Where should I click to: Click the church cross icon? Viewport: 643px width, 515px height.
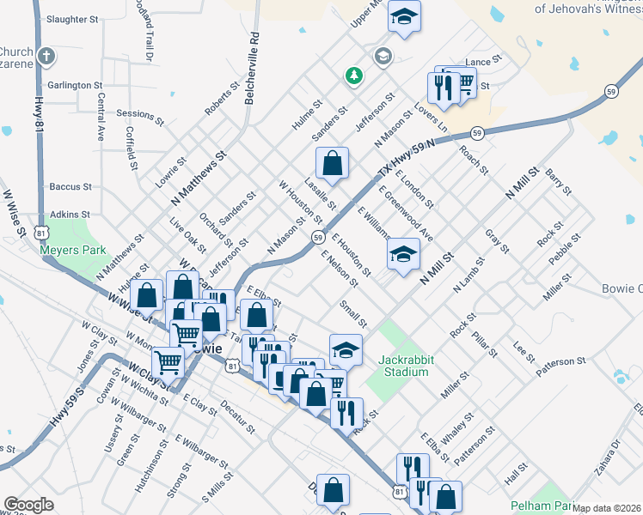pos(46,57)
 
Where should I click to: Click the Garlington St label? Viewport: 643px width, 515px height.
pos(76,86)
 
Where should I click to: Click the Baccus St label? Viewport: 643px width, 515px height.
pos(70,186)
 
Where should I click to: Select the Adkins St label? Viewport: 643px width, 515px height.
pos(70,214)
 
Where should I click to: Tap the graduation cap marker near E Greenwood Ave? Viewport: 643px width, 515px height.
pos(403,254)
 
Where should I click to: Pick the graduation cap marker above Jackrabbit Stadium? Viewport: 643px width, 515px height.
pos(346,350)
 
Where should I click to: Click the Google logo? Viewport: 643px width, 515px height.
pos(28,505)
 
